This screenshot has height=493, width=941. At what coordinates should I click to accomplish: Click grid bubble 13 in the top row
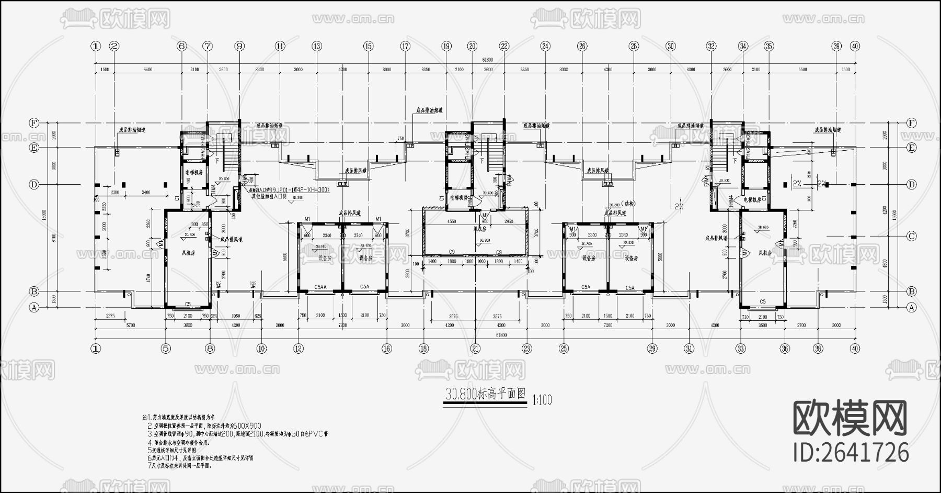pos(317,46)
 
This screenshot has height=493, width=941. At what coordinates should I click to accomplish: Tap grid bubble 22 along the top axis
pos(504,46)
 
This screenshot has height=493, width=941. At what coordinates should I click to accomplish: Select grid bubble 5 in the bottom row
pos(166,348)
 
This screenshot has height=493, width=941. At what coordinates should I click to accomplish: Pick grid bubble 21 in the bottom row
pos(475,348)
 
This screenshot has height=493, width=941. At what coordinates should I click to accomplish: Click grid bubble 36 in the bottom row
pos(784,348)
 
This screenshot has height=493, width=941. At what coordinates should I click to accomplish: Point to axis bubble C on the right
pos(912,236)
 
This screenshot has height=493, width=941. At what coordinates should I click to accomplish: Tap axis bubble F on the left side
pos(35,123)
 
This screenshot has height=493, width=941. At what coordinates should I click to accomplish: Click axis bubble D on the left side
pos(35,185)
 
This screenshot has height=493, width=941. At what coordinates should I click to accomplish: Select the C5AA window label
pos(320,287)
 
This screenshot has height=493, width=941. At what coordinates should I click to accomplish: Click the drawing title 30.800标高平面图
pos(485,395)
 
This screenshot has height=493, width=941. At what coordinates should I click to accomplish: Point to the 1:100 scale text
pos(542,401)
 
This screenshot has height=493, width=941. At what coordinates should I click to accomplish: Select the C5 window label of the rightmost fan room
pos(762,301)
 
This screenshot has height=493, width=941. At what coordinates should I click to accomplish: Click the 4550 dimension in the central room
pos(452,221)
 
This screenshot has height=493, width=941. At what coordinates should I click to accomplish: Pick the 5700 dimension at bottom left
pos(130,326)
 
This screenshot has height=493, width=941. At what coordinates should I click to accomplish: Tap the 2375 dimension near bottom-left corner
pos(110,316)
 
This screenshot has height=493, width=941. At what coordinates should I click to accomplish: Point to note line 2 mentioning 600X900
pos(204,426)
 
